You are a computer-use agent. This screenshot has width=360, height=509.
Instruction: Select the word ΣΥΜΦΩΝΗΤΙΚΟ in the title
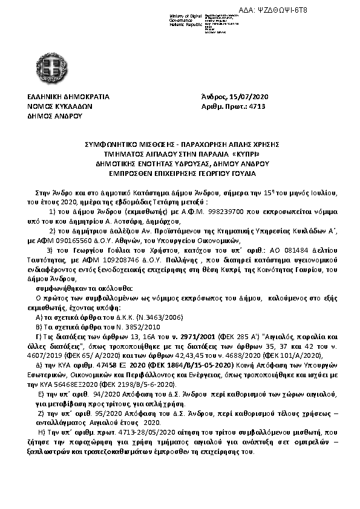(111, 144)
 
